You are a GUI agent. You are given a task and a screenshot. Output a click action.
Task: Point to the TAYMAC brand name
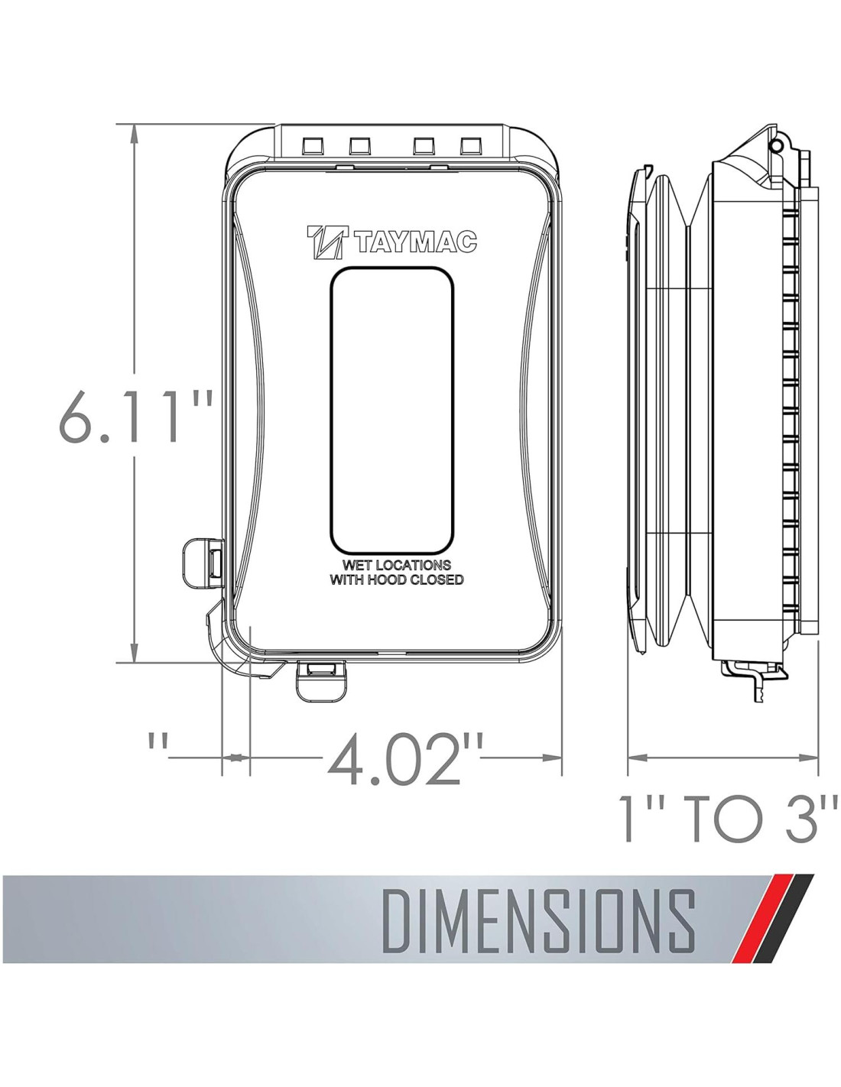[x=414, y=243]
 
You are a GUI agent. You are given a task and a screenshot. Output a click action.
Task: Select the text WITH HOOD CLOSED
[x=395, y=580]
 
